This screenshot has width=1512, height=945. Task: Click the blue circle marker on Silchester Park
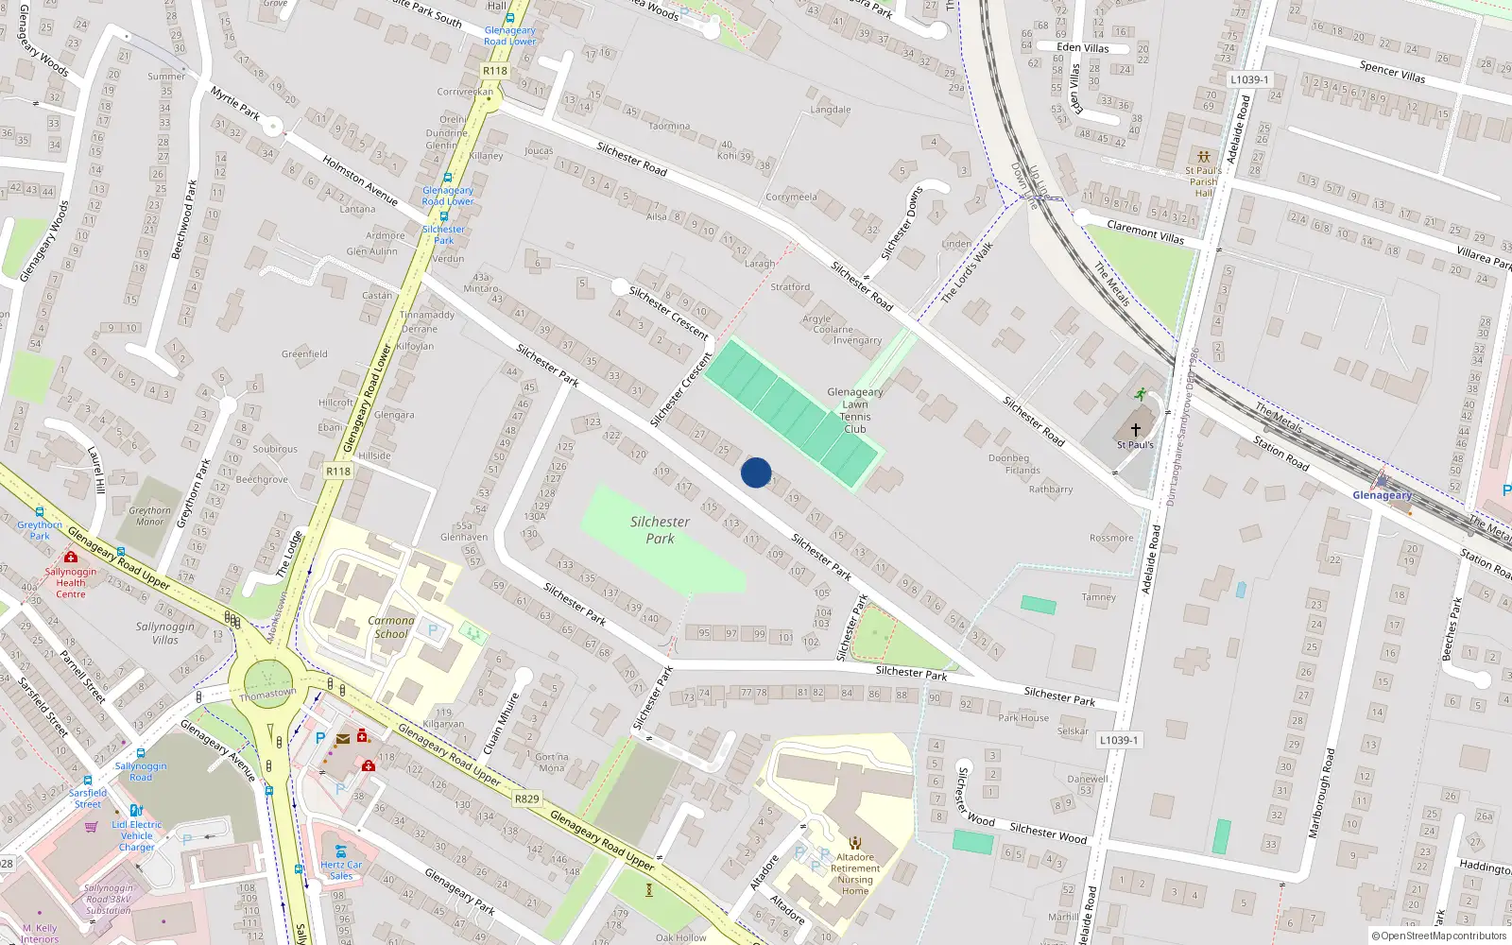(x=756, y=472)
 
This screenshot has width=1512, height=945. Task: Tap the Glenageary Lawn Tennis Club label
(x=855, y=410)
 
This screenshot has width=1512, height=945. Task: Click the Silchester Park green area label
(x=660, y=529)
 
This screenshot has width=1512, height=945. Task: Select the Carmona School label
(x=391, y=627)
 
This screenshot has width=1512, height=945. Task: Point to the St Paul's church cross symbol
(x=1136, y=429)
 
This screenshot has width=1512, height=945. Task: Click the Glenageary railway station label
(x=1382, y=495)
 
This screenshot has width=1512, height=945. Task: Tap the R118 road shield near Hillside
(x=338, y=471)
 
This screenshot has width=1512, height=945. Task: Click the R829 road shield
(x=526, y=799)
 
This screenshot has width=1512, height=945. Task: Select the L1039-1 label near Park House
(x=1119, y=740)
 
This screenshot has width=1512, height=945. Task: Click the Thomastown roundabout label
(x=267, y=694)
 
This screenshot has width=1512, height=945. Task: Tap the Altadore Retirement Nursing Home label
(x=855, y=874)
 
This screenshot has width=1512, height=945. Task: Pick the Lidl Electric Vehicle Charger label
(x=137, y=835)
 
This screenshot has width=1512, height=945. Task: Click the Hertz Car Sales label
(x=341, y=869)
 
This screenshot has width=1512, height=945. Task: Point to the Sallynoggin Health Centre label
(x=70, y=582)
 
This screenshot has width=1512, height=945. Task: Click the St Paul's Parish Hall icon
(x=1203, y=157)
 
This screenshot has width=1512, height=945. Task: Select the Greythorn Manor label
(x=150, y=516)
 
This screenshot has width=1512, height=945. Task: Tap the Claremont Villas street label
(x=1145, y=232)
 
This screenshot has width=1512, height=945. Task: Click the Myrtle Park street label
(x=235, y=103)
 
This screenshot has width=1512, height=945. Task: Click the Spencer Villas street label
(x=1392, y=72)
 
